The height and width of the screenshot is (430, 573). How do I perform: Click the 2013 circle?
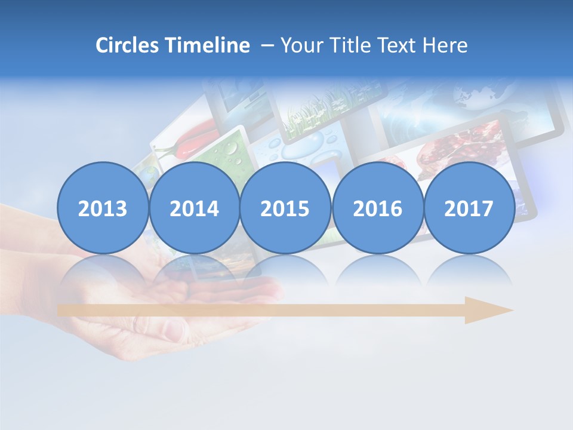pos(102,208)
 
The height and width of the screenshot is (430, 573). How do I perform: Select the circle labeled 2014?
pos(194,208)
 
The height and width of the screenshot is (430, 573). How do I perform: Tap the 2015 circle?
pos(285,208)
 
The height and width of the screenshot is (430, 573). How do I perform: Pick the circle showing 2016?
pos(377,208)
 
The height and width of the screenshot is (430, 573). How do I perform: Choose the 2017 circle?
pos(469,208)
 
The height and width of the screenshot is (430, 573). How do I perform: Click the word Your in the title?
pos(299,45)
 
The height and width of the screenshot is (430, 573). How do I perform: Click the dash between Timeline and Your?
pos(267,45)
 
